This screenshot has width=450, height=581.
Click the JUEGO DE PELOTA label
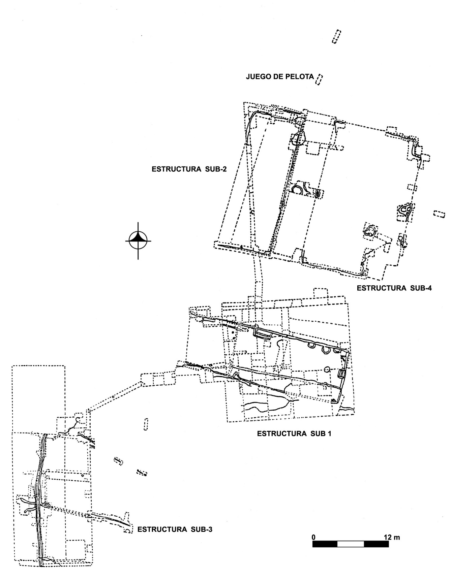280,76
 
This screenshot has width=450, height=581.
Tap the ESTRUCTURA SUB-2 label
189,169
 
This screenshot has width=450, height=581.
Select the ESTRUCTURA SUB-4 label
394,288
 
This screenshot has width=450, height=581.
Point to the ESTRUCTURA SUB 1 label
294,434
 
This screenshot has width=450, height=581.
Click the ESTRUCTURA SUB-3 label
175,529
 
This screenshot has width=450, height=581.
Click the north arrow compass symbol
138,241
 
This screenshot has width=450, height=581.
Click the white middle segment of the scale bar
351,544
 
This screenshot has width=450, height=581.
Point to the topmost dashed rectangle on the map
336,37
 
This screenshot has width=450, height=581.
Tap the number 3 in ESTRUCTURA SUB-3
210,529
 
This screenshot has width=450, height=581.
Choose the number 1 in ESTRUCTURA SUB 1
329,434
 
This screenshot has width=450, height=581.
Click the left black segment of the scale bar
325,544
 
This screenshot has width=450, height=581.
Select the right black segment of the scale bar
376,544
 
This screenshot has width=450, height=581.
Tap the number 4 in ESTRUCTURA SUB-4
429,288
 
